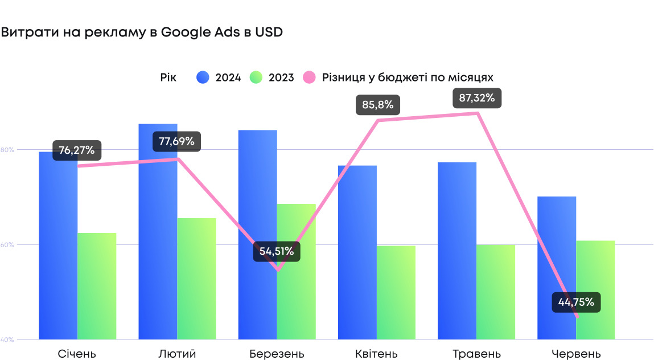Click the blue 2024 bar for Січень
[58, 251]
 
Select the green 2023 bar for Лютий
[196, 279]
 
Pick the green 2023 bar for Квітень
[396, 293]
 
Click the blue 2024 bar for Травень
[457, 251]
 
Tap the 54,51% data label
[277, 251]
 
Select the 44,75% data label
[576, 302]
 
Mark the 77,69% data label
[176, 142]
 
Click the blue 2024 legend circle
[203, 77]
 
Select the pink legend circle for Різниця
[309, 77]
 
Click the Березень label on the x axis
[277, 354]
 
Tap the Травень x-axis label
[476, 354]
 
